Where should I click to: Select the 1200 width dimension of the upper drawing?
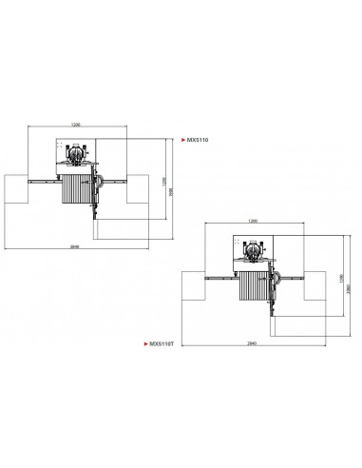pyautogui.click(x=74, y=124)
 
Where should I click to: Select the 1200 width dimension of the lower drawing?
pyautogui.click(x=253, y=221)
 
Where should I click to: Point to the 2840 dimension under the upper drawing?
pyautogui.click(x=76, y=244)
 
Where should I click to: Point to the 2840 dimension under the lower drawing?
pyautogui.click(x=253, y=341)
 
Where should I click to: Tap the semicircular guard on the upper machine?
pyautogui.click(x=100, y=180)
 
